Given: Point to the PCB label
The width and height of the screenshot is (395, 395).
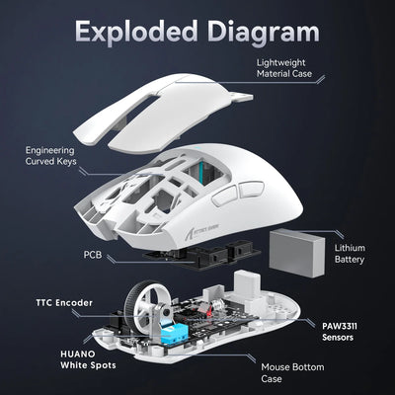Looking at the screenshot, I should click(x=91, y=253).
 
